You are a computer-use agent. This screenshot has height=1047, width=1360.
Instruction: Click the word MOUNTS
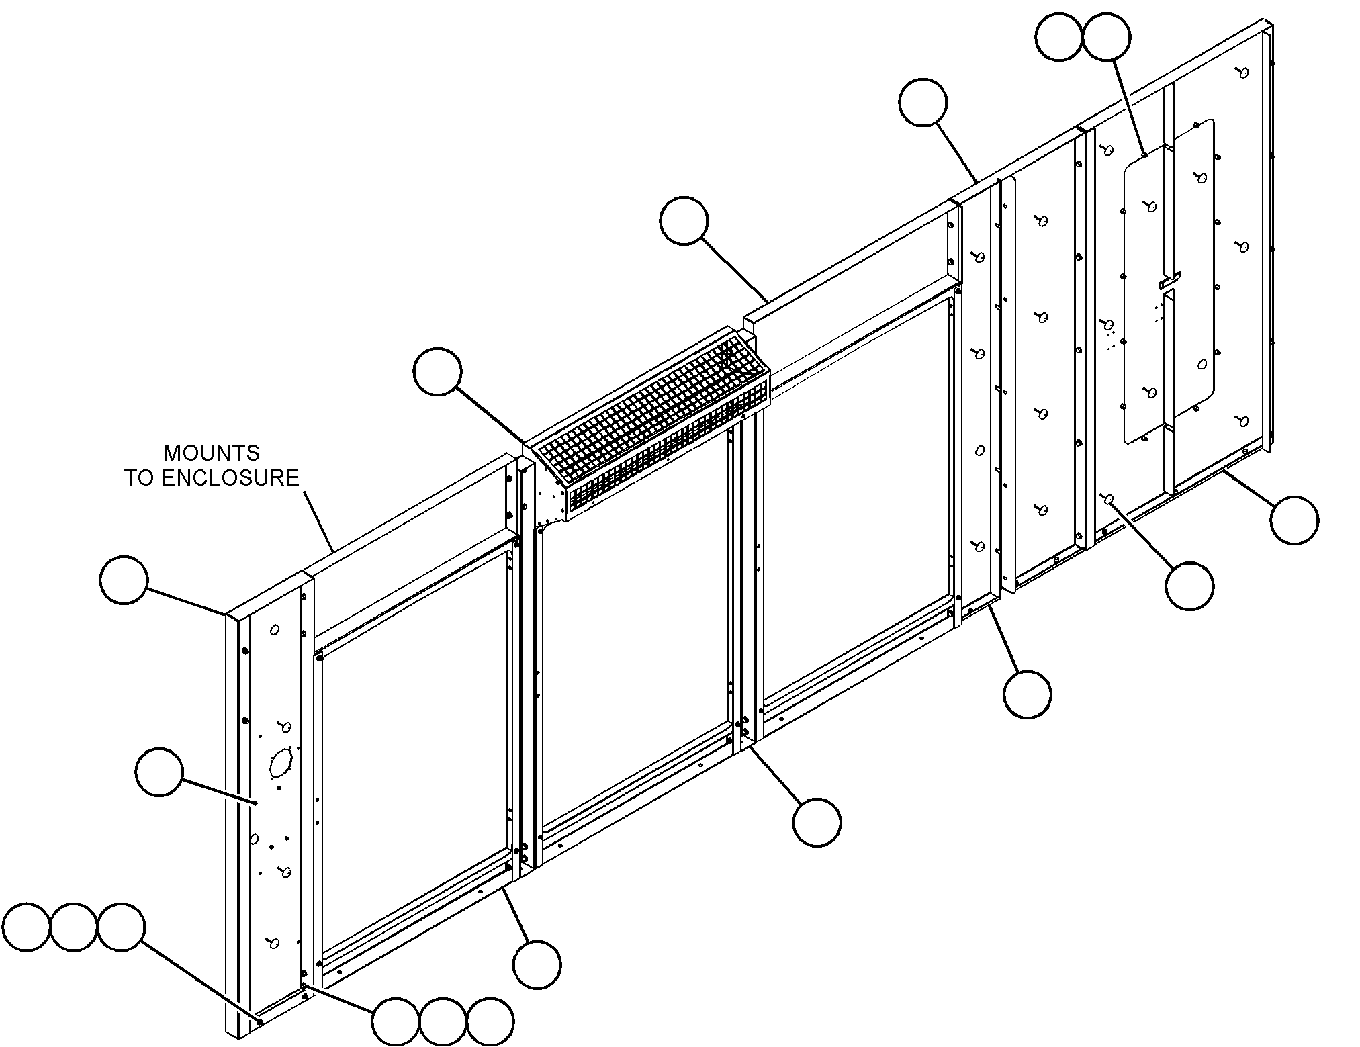[x=212, y=453]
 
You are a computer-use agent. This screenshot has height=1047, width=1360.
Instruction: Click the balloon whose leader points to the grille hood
[x=438, y=371]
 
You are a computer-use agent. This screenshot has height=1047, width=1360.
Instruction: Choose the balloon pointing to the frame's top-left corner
[x=124, y=580]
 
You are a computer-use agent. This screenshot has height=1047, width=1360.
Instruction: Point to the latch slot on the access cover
[x=1170, y=282]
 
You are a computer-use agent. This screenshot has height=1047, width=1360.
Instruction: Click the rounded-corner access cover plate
[x=1169, y=282]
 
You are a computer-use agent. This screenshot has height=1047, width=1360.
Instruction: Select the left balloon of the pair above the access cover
[x=1059, y=38]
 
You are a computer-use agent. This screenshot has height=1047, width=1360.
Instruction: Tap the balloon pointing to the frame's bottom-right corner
[x=1294, y=520]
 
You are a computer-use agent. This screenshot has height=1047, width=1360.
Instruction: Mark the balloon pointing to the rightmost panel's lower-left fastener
[x=1189, y=586]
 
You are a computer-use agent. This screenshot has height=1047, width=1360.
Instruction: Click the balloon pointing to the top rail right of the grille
[x=684, y=221]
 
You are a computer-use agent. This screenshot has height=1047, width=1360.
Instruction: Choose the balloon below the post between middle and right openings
[x=816, y=821]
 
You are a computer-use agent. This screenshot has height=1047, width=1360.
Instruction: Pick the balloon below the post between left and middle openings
[x=537, y=964]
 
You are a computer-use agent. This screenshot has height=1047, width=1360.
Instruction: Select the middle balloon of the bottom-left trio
[x=74, y=927]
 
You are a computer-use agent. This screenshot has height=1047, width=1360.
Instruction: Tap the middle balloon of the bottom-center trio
[x=443, y=1022]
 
